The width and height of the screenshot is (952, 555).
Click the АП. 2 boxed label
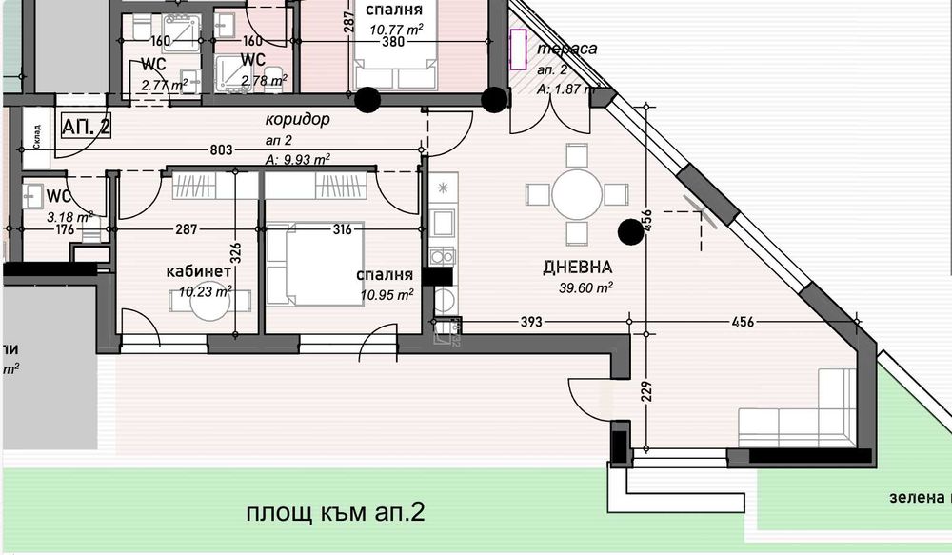[86, 126]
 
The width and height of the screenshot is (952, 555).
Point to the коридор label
[297, 121]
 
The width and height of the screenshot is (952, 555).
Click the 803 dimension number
[220, 149]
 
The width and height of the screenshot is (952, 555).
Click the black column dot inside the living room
[629, 230]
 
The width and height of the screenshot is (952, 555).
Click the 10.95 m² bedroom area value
[386, 294]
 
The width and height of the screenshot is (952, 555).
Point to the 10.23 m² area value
[205, 292]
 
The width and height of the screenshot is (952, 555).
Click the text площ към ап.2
[334, 514]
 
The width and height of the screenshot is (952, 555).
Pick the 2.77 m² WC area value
[160, 86]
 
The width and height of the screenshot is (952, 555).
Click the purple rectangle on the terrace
[519, 50]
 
